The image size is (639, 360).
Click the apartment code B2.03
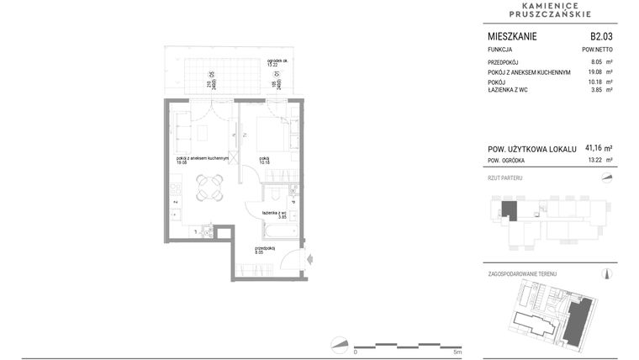pyautogui.click(x=601, y=36)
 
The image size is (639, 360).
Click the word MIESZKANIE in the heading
pyautogui.click(x=512, y=36)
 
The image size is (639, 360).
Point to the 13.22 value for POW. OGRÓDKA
pyautogui.click(x=598, y=159)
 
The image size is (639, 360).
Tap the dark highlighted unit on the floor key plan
pyautogui.click(x=509, y=210)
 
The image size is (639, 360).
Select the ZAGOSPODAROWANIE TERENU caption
pyautogui.click(x=522, y=274)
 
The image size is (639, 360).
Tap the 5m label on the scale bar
pyautogui.click(x=457, y=352)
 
